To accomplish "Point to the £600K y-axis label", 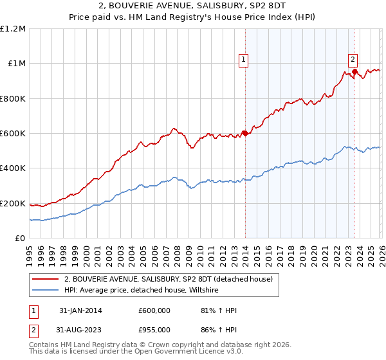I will point(13,134).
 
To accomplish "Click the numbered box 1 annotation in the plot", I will point(244,60).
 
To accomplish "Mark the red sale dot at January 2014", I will point(244,134).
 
